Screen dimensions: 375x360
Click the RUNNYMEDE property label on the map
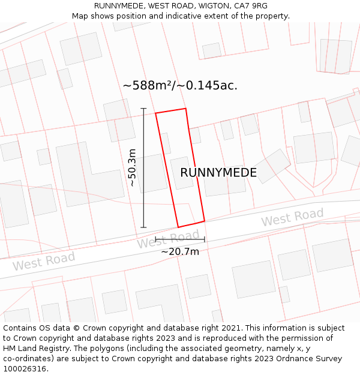218,173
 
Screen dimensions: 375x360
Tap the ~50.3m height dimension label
133,168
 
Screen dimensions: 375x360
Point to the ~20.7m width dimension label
180,252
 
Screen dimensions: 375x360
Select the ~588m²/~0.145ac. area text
180,86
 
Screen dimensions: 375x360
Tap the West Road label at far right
292,218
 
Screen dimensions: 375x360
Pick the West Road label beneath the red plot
167,239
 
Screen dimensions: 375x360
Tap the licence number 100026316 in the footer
25,369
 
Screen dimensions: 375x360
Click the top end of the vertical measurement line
143,109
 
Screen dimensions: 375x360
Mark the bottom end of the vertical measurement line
143,227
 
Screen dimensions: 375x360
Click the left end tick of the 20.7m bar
155,239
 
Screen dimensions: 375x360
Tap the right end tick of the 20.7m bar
205,239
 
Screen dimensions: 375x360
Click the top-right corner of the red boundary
185,109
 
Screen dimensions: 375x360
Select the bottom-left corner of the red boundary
178,227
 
